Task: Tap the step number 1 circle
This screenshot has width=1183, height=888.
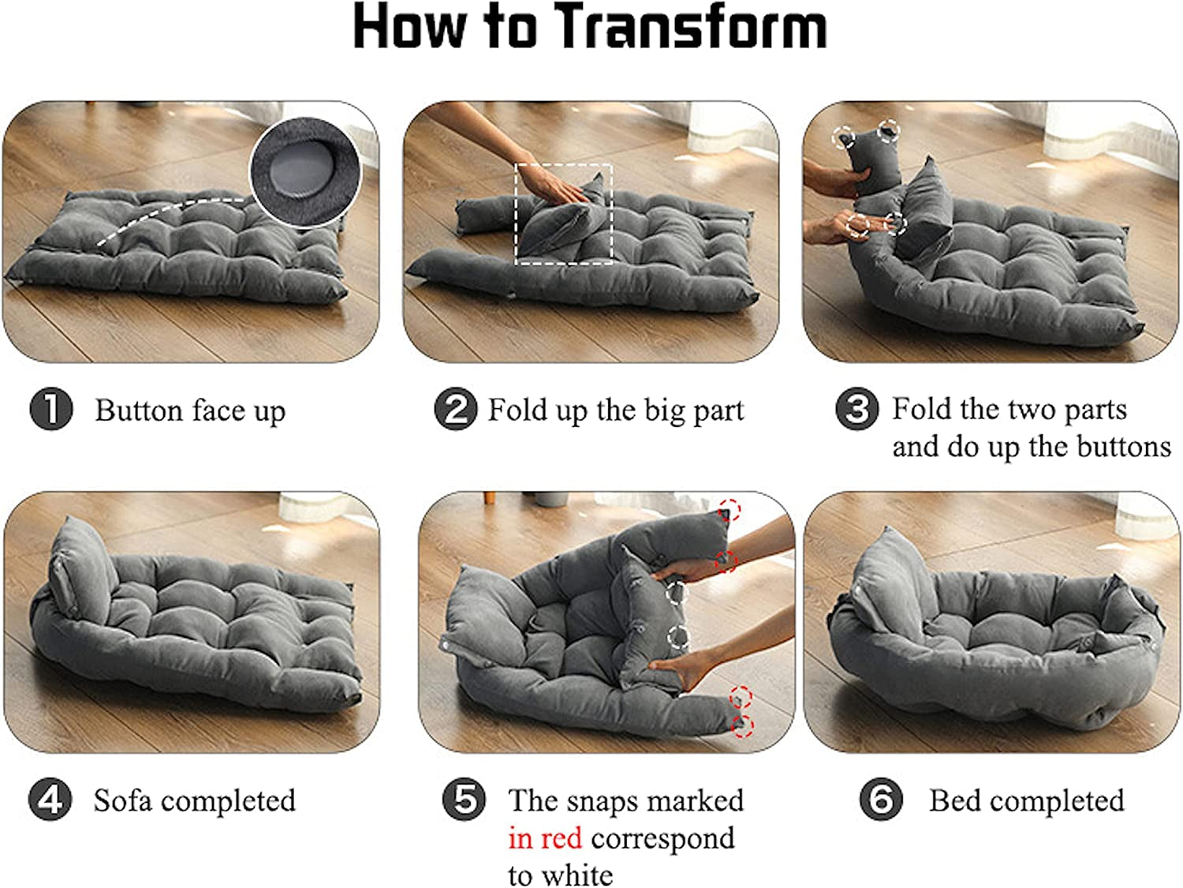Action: pyautogui.click(x=50, y=409)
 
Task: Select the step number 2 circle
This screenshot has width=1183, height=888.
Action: pyautogui.click(x=455, y=409)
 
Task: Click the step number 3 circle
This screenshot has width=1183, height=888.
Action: pyautogui.click(x=856, y=409)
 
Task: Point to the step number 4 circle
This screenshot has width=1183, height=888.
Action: pyautogui.click(x=50, y=800)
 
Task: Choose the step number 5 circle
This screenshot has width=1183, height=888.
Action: pyautogui.click(x=464, y=799)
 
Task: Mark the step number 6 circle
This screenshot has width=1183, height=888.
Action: pyautogui.click(x=880, y=799)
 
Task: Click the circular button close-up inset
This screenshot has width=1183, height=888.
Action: pyautogui.click(x=305, y=171)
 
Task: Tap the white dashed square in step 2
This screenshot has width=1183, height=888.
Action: pyautogui.click(x=563, y=214)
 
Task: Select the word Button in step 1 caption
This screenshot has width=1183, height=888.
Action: pyautogui.click(x=139, y=410)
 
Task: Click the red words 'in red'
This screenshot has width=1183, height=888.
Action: pyautogui.click(x=544, y=838)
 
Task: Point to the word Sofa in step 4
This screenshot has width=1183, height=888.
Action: pyautogui.click(x=122, y=800)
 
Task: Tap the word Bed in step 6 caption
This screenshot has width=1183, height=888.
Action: pyautogui.click(x=954, y=800)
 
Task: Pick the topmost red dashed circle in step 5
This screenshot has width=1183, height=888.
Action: pyautogui.click(x=730, y=509)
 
